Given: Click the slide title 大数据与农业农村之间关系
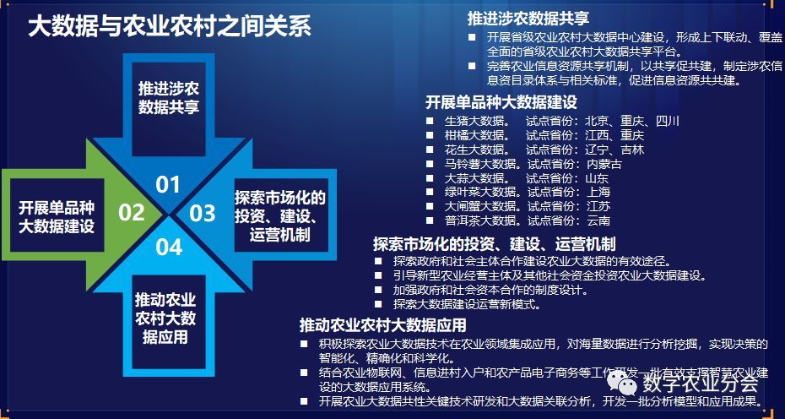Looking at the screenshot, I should (170, 26).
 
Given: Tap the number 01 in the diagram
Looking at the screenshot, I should (168, 184).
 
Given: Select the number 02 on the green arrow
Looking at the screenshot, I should (132, 212).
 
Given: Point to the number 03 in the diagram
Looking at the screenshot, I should (203, 213).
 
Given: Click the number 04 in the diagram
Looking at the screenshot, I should (169, 247).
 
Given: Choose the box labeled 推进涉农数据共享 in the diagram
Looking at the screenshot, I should (168, 96).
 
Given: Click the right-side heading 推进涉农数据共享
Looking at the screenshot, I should (528, 19).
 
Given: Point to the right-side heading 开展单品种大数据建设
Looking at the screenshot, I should (501, 102).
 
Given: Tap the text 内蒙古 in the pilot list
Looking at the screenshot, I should (604, 164).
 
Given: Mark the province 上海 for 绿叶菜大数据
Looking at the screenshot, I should (598, 193).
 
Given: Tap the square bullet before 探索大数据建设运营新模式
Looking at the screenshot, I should (379, 304).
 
